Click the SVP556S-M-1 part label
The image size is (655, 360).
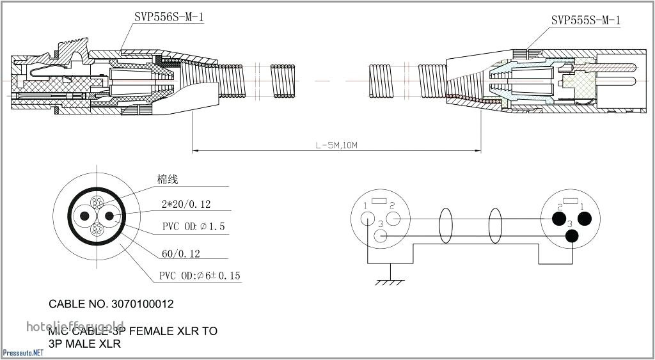[169, 17]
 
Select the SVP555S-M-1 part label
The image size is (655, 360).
[585, 20]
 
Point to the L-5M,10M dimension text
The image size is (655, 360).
[336, 145]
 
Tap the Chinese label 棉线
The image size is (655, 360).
[168, 180]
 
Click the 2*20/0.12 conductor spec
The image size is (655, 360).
[186, 205]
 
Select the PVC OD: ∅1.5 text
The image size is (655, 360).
[193, 227]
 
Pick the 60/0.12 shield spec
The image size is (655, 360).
[180, 254]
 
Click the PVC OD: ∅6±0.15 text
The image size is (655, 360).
[200, 276]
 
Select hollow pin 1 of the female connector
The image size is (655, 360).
[367, 218]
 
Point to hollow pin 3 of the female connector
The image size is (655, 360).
[381, 236]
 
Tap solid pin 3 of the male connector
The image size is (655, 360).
[571, 236]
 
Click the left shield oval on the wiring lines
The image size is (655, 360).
[445, 226]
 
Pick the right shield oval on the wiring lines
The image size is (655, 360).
[495, 226]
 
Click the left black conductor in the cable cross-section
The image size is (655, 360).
[84, 216]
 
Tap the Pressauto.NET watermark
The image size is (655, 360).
[23, 352]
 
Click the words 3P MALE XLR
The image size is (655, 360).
[84, 343]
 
